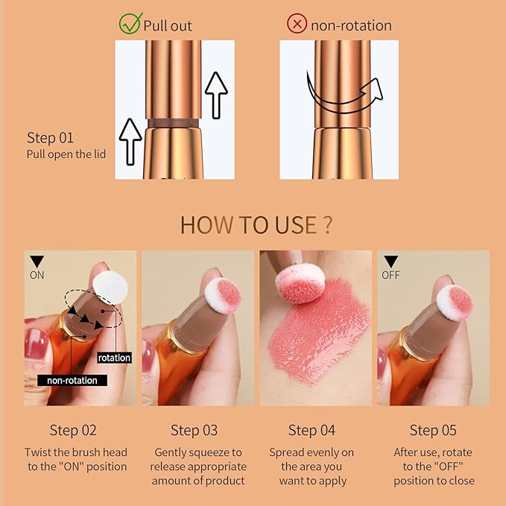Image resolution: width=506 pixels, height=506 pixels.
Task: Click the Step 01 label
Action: [51, 138]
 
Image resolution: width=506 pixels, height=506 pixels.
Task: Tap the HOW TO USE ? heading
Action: [256, 224]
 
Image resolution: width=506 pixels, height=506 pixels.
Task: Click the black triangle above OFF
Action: [390, 261]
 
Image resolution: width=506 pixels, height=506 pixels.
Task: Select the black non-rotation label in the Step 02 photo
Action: [72, 379]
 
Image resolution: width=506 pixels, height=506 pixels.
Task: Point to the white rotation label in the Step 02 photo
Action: [114, 358]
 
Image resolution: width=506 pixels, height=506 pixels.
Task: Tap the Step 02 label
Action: [74, 430]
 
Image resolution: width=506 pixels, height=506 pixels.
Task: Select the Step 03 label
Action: [195, 430]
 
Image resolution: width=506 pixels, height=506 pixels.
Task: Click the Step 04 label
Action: [311, 430]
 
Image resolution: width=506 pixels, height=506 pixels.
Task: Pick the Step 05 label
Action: [433, 430]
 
